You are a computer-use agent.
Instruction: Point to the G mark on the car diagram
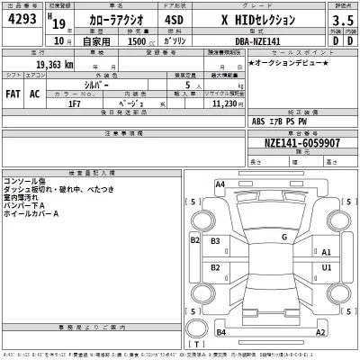click(283, 237)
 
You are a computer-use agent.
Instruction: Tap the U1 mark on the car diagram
click(327, 267)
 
